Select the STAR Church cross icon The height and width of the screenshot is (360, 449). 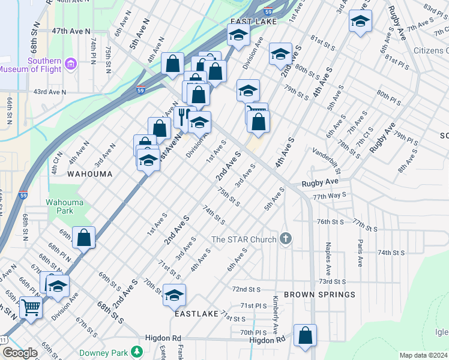pos(285,239)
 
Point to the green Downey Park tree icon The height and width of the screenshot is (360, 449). pos(138,351)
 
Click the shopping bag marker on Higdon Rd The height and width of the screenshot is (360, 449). pos(306,336)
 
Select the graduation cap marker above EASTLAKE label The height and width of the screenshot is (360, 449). pos(175,295)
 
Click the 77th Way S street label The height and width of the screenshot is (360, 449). pos(329,196)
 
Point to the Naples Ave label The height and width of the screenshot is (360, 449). pos(328,254)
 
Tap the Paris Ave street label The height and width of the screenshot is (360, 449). pos(360,253)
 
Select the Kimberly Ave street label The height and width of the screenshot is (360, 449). pos(275,315)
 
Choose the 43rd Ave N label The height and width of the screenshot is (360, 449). pos(49,92)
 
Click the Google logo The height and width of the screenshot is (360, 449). pos(19,353)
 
